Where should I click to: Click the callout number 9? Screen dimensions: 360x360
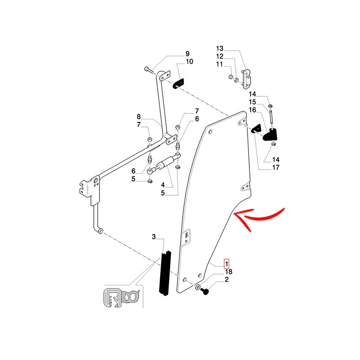coord(188,54)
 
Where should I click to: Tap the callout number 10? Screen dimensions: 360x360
coord(189,62)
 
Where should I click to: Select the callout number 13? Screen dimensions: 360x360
coord(220,49)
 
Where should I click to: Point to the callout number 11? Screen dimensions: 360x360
coord(220,65)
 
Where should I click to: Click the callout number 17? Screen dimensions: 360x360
coord(276,167)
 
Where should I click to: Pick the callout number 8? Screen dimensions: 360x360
coord(139,116)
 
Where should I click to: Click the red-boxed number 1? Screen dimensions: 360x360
coord(227,264)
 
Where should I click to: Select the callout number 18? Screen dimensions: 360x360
coord(229,272)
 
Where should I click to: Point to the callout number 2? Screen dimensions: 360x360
coord(227,280)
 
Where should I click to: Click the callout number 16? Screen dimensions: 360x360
coord(252,110)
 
